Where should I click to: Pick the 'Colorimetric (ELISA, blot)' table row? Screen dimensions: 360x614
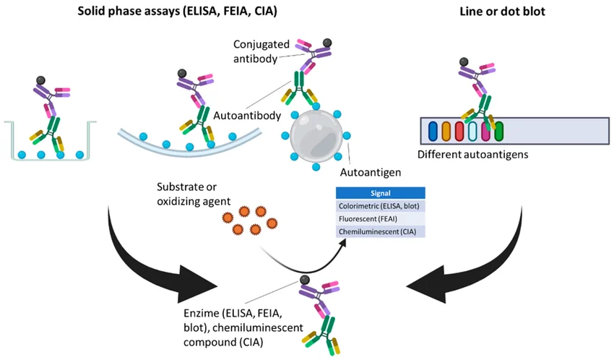point(380,206)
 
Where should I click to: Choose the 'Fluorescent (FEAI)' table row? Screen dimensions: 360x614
point(380,218)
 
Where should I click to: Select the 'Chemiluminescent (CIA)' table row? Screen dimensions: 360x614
point(380,231)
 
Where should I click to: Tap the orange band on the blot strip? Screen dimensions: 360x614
point(446,132)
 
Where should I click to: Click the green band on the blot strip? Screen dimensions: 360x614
point(498,132)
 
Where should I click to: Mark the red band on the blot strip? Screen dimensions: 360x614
point(459,132)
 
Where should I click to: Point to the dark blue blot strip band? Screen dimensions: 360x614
point(433,132)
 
